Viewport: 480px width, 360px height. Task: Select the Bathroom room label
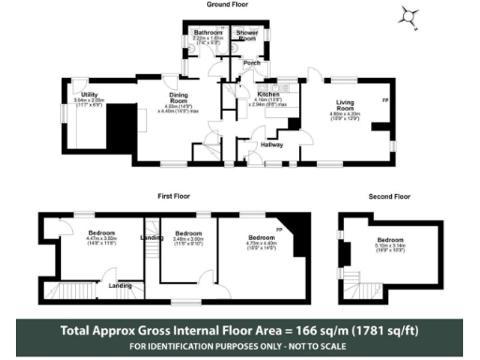click(x=208, y=33)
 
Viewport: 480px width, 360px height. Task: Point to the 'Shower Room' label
click(x=247, y=35)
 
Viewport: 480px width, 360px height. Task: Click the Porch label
click(x=251, y=63)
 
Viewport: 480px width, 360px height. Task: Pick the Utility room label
click(x=90, y=95)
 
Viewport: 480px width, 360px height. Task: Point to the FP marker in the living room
click(x=384, y=98)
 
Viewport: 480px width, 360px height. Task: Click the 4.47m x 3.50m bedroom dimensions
click(x=101, y=240)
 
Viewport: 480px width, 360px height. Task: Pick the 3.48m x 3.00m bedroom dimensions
click(x=188, y=240)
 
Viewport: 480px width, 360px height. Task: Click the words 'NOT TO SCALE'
click(x=312, y=346)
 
